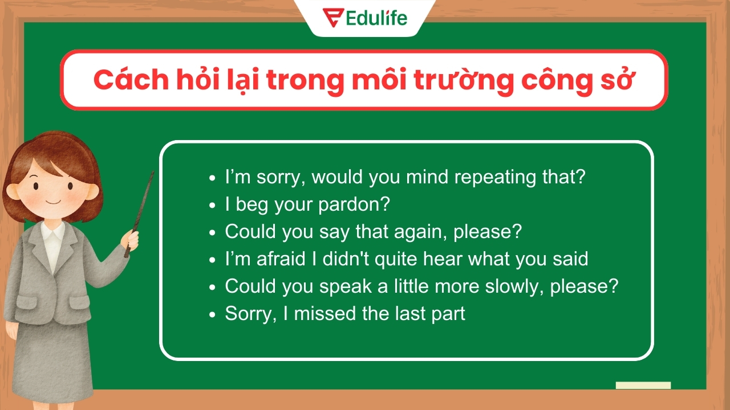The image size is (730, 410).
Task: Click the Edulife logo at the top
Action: (x=365, y=17)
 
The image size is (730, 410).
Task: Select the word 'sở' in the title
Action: (x=618, y=81)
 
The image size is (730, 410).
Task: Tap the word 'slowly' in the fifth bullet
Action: (x=513, y=286)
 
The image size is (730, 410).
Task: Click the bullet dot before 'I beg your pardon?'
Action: (x=213, y=205)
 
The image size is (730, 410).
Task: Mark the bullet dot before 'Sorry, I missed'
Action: (x=213, y=314)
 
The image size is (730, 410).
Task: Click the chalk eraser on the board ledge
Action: (x=643, y=386)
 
